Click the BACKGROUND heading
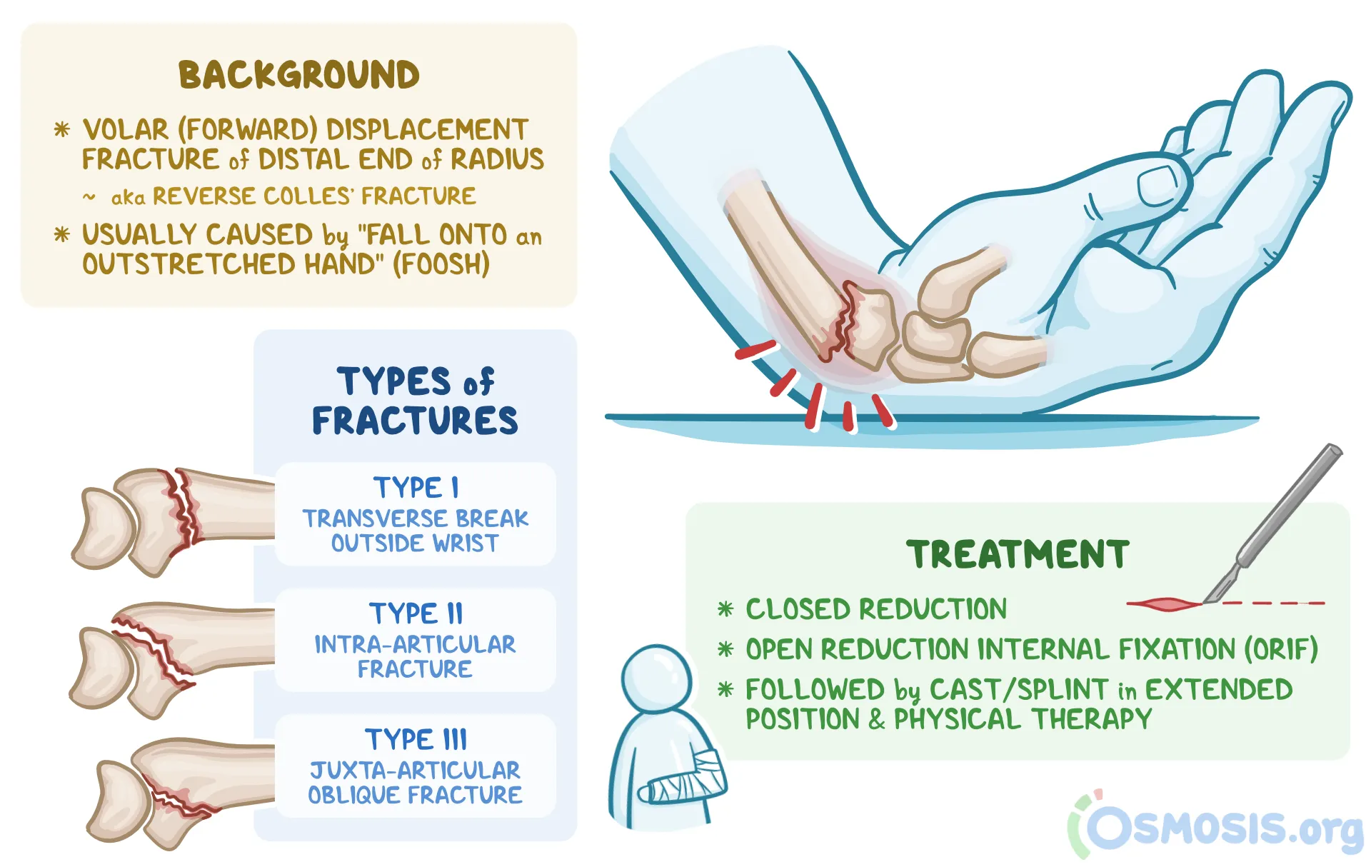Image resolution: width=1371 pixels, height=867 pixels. pos(298,75)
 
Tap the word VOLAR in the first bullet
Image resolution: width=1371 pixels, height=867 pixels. pos(126,130)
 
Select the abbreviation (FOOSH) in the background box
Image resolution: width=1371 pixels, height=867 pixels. pos(441,264)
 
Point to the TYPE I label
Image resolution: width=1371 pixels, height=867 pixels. pos(416,488)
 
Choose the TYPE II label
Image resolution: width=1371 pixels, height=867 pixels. pos(416,613)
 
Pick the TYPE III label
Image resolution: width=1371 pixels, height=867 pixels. pos(416,739)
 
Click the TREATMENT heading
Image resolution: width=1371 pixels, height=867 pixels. pos(1018,555)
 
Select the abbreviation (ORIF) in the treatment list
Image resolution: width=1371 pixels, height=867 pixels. pos(1281,649)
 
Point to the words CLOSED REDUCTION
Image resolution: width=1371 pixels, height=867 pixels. pos(876,609)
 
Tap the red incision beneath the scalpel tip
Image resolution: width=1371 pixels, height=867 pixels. pos(1164,605)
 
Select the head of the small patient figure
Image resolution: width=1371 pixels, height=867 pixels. pos(656,678)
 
